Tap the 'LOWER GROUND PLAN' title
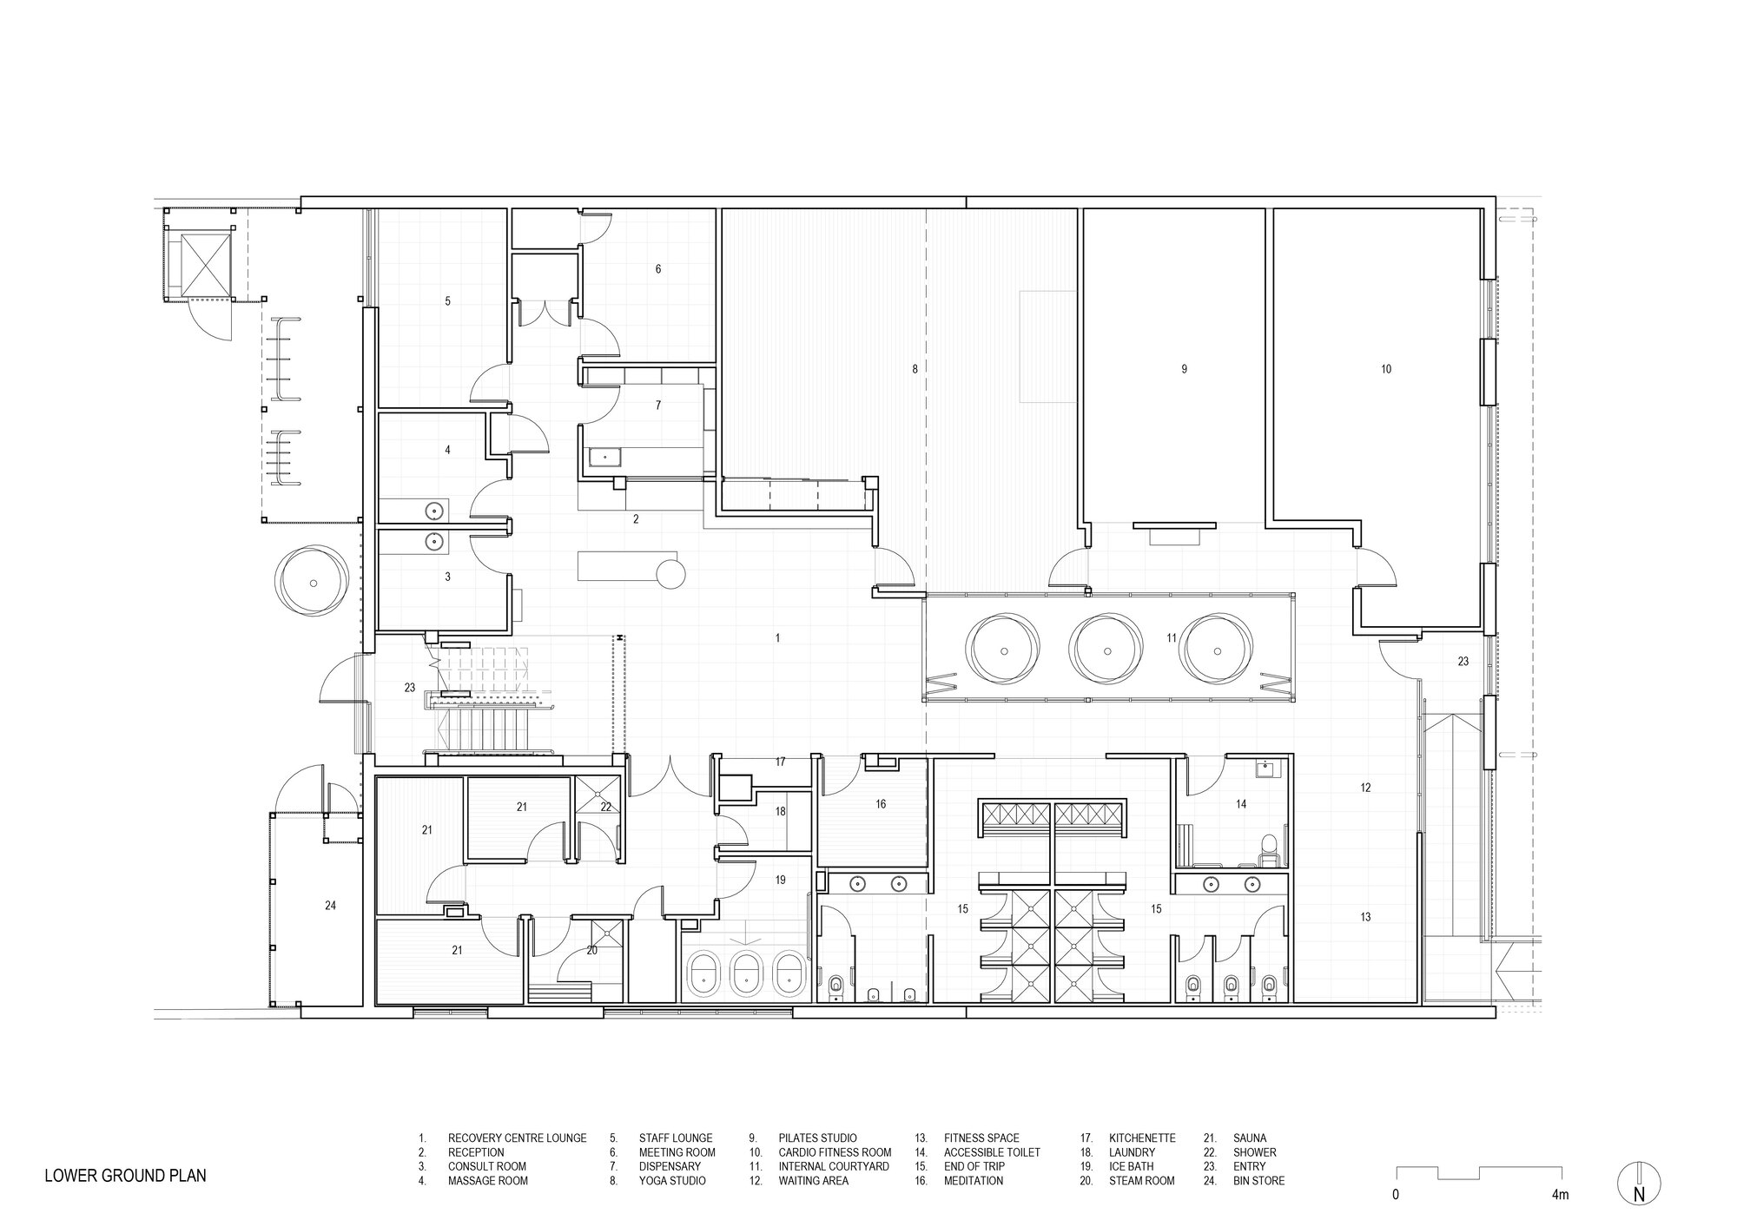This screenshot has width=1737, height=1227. coord(126,1178)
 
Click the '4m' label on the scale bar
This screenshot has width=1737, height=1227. coord(1560,1195)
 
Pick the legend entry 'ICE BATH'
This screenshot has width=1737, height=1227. coord(1131,1166)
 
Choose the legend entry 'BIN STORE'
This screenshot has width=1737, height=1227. coord(1258,1181)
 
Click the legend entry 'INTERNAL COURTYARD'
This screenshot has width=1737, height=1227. coord(834,1166)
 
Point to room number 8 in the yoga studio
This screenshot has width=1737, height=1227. coord(915,369)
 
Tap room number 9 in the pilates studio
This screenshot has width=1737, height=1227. coord(1184,369)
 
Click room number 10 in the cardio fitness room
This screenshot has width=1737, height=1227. coord(1386,369)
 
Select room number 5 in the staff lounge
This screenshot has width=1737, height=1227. coord(447,301)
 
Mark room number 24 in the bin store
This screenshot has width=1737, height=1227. coord(330,906)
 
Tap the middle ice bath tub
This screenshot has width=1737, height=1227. coord(744,974)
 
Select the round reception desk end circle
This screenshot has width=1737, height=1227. coord(671,574)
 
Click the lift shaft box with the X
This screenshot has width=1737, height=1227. coord(201,260)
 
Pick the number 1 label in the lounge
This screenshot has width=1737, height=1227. coord(777,638)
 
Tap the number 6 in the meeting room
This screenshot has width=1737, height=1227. coord(658,269)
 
